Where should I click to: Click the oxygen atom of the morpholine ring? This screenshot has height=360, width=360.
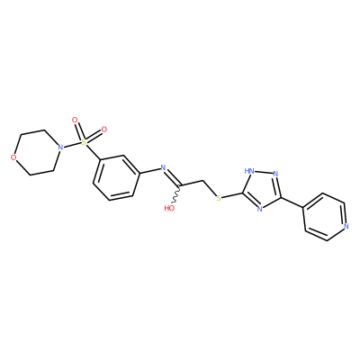pyautogui.click(x=13, y=157)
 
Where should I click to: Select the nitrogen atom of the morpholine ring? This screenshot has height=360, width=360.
pyautogui.click(x=61, y=148)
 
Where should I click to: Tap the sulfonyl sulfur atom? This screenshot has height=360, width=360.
pyautogui.click(x=84, y=140)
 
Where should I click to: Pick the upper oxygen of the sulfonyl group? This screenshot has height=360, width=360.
pyautogui.click(x=75, y=121)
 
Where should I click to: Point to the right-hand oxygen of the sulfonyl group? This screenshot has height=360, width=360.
pyautogui.click(x=103, y=130)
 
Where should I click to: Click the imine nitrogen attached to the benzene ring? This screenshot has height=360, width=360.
pyautogui.click(x=163, y=167)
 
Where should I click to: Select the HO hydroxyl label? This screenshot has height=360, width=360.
pyautogui.click(x=169, y=208)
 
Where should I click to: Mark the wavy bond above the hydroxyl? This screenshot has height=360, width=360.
pyautogui.click(x=177, y=195)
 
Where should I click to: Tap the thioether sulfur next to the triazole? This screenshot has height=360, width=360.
pyautogui.click(x=219, y=198)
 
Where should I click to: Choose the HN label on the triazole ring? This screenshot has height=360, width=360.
pyautogui.click(x=249, y=171)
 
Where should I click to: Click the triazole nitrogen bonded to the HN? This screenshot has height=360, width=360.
pyautogui.click(x=275, y=174)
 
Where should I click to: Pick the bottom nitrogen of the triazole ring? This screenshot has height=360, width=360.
pyautogui.click(x=260, y=209)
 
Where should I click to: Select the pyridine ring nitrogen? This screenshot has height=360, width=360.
pyautogui.click(x=346, y=226)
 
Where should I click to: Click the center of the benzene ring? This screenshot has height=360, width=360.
pyautogui.click(x=116, y=178)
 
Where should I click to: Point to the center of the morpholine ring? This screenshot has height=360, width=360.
pyautogui.click(x=37, y=152)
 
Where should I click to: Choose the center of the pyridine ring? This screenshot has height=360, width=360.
pyautogui.click(x=325, y=217)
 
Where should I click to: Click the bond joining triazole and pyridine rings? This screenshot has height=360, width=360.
pyautogui.click(x=292, y=202)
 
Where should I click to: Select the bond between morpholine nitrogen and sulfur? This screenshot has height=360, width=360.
pyautogui.click(x=72, y=144)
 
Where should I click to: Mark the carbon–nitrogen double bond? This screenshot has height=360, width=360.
pyautogui.click(x=173, y=177)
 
